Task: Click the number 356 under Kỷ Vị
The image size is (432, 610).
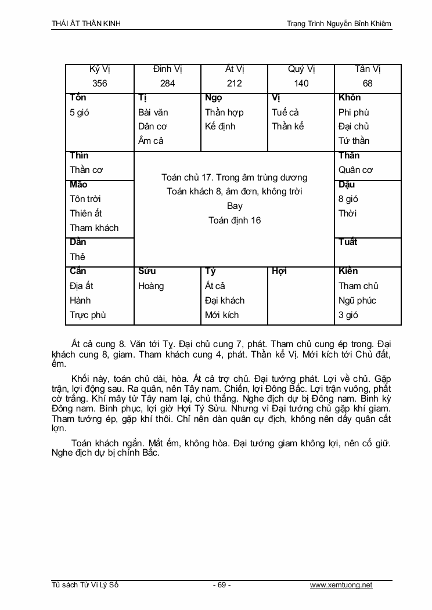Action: coord(100,84)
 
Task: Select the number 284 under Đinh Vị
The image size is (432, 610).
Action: coord(167,84)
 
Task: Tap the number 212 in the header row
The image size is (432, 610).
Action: coord(234,84)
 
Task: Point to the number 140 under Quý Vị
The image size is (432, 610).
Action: coord(301,84)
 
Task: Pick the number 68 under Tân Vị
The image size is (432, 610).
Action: coord(368,84)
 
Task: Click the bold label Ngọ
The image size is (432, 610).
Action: coord(213,98)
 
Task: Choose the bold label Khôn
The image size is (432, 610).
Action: coord(350,98)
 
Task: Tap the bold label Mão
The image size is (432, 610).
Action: coord(78,185)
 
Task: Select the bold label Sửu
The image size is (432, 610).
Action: coord(147,271)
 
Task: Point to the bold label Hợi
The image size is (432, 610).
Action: coord(279,271)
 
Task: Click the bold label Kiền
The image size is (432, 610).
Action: coord(348,271)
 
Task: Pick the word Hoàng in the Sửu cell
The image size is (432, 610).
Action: coord(151,286)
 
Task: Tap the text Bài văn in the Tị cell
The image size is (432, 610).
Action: coord(153,113)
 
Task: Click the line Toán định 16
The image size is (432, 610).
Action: coord(235,220)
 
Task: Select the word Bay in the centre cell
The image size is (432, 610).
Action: coord(235,206)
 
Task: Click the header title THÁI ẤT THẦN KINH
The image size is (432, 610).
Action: coord(87,24)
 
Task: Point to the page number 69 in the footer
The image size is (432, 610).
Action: coord(222,585)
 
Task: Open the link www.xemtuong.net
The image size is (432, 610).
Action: coord(341,585)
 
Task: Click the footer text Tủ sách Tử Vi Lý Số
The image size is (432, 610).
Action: coord(85,585)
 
